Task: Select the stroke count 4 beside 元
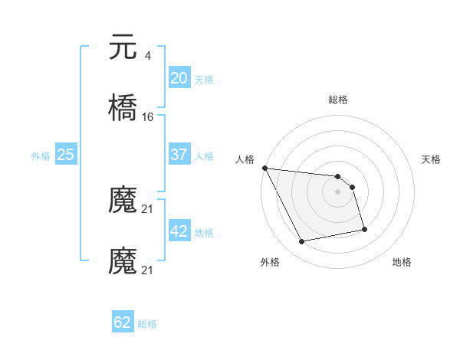[147, 56]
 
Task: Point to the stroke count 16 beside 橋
[148, 117]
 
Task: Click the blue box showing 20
[179, 77]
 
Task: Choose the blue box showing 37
[179, 155]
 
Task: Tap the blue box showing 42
[179, 231]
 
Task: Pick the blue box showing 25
[66, 155]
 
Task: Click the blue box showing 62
[123, 322]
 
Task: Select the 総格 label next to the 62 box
[147, 324]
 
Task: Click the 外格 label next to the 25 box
[41, 156]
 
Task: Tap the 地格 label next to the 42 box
[204, 233]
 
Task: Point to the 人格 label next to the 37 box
[204, 156]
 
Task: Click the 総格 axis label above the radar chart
[338, 100]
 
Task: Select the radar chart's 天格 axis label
[432, 159]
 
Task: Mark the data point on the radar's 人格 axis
[264, 168]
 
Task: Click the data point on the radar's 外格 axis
[302, 242]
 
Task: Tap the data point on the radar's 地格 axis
[364, 229]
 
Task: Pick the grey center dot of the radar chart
[338, 191]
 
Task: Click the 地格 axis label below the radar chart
[402, 262]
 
